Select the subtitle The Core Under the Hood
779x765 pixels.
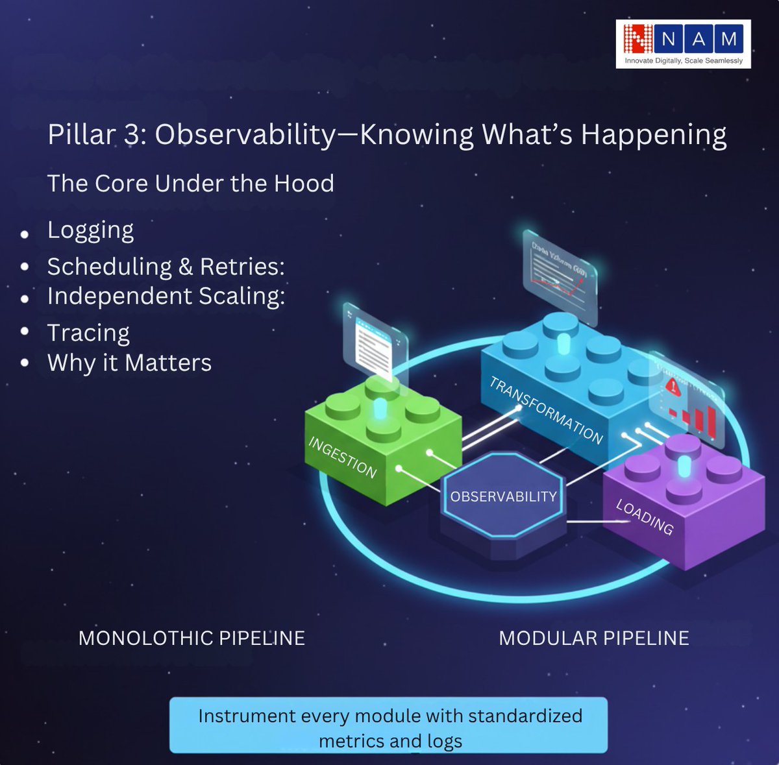click(191, 184)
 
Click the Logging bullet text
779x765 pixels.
click(91, 230)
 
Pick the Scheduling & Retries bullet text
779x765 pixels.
click(166, 267)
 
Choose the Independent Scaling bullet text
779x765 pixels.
click(166, 296)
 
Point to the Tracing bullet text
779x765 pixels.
click(88, 333)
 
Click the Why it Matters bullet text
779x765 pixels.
click(130, 363)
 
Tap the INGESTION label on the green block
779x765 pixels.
click(343, 457)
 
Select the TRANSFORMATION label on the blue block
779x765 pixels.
click(546, 410)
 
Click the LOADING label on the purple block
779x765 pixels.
click(645, 516)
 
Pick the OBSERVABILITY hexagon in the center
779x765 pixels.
click(503, 496)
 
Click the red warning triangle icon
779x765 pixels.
click(673, 388)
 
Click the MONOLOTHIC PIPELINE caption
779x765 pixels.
click(192, 638)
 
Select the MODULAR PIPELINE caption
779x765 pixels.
click(593, 638)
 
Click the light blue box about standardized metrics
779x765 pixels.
click(389, 725)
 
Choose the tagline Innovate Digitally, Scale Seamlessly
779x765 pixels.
click(684, 60)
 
